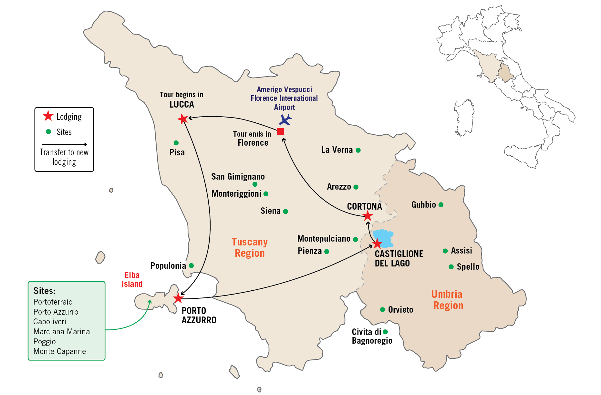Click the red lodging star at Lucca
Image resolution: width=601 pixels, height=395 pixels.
coord(182,119)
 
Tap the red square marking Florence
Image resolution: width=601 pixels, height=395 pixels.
coord(280,131)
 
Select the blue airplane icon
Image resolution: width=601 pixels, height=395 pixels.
coord(285,120)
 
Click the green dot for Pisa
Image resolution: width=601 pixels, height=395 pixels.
coord(176,143)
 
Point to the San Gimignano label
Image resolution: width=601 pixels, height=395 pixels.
coord(238,177)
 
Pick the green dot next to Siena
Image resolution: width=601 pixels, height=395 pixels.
coord(285,212)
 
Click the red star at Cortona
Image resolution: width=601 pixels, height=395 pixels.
coord(368,216)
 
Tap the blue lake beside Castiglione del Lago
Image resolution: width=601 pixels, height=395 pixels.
coord(384,236)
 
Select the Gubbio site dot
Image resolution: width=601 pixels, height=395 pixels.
coord(441,205)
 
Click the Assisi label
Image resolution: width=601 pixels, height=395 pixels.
coord(461,251)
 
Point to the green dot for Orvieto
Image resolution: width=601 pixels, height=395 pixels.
coord(382,310)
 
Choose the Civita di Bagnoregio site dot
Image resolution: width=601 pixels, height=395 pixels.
coord(385,332)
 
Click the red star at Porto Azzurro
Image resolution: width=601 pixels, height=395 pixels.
coord(178,298)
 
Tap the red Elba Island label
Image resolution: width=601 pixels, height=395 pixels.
coord(132,279)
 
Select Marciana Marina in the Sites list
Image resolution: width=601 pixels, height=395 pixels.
coord(61,332)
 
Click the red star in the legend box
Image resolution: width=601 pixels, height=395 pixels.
coord(48,116)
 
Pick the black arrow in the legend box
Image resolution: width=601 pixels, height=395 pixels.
coord(64,144)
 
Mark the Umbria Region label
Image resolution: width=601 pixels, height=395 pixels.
coord(448,300)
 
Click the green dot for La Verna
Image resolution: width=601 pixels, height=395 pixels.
coord(358,150)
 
